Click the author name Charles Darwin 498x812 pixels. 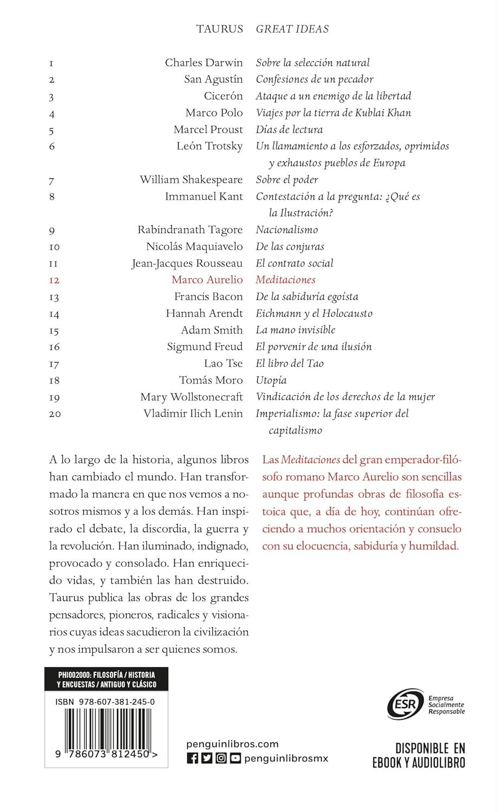204,63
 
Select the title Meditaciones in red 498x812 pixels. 285,280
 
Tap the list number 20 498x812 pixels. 55,414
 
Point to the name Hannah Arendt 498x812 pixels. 204,313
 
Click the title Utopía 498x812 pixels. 271,381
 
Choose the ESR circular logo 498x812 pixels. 405,704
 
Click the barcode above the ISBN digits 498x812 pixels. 107,728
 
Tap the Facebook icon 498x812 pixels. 192,758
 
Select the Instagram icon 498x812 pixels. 221,758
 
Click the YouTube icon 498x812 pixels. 235,758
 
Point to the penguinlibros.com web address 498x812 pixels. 232,744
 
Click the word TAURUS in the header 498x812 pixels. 220,29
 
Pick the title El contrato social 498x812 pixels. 294,264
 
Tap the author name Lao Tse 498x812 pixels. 223,364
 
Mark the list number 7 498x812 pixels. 52,181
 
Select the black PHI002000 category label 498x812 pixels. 107,679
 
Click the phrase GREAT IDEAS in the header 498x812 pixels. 292,29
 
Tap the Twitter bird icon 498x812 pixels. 207,758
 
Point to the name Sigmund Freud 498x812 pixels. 205,347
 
